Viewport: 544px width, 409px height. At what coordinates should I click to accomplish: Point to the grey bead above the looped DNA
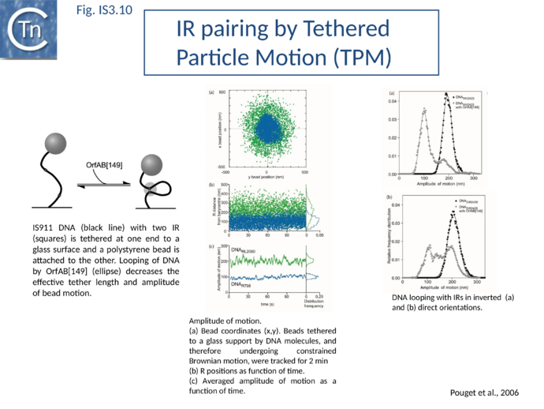(x=151, y=164)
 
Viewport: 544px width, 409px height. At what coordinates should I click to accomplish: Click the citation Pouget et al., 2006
(x=484, y=392)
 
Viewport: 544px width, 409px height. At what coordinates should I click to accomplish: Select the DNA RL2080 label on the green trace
(x=244, y=250)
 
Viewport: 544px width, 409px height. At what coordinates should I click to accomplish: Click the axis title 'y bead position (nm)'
(x=266, y=177)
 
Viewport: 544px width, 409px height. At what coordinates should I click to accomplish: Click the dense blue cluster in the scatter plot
(x=266, y=129)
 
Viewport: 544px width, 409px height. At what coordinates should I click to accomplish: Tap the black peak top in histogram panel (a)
(x=445, y=95)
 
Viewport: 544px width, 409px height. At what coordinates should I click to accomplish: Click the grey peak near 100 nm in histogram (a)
(x=424, y=111)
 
